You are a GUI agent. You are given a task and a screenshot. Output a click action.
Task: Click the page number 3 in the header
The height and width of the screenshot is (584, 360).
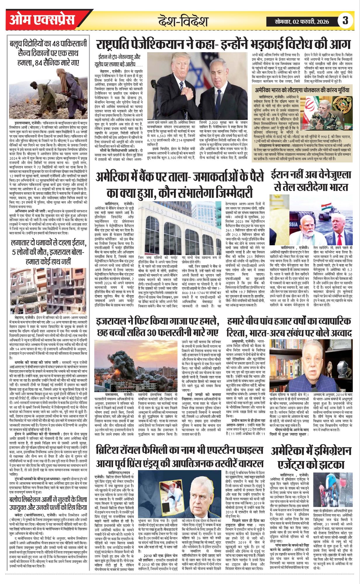(345, 21)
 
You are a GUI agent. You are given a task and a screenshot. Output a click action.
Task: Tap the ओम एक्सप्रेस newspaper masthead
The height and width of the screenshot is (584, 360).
(42, 20)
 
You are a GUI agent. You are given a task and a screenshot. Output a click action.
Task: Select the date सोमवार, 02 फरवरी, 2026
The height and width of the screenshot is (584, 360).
(302, 21)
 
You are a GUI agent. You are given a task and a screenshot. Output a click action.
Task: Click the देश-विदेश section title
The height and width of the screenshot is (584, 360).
(183, 21)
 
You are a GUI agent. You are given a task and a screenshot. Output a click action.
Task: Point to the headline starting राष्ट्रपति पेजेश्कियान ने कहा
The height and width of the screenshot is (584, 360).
(223, 45)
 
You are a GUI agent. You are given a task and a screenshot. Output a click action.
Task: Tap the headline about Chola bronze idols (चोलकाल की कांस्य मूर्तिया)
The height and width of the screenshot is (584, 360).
(302, 90)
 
